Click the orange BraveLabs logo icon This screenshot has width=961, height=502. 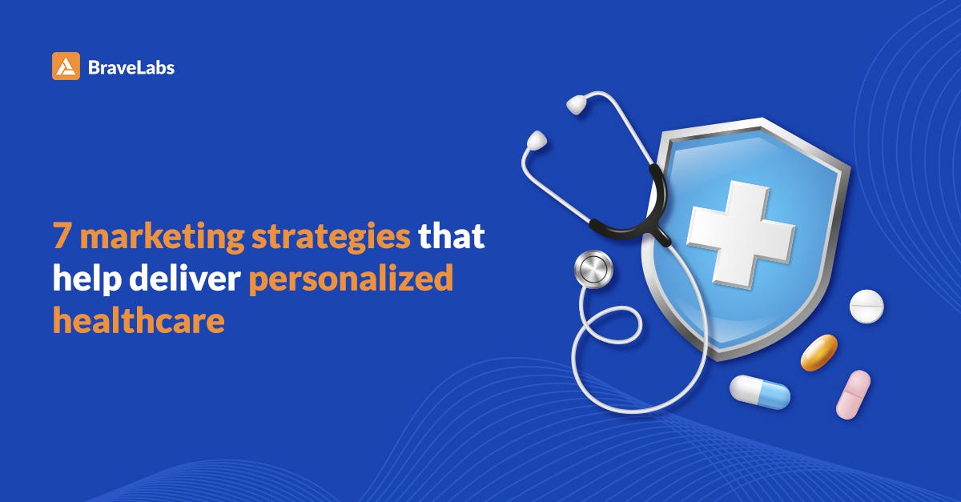tap(66, 66)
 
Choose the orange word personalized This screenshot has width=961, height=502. tap(351, 281)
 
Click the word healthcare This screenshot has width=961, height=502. tap(138, 322)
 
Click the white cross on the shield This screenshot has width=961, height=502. tap(741, 232)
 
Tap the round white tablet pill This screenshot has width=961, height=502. tap(867, 307)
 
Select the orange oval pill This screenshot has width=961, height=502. tap(818, 352)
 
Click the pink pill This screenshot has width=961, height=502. tap(853, 394)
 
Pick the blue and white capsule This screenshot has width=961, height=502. tap(759, 392)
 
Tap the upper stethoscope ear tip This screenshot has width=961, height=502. tap(579, 103)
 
